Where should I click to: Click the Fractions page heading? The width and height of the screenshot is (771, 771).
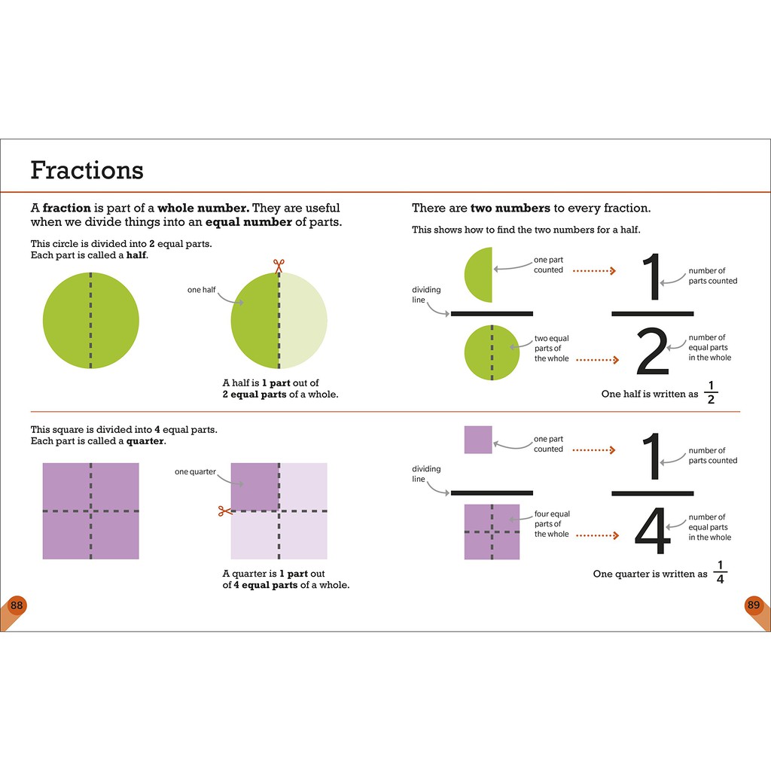click(x=87, y=170)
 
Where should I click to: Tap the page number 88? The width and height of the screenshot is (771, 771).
click(x=17, y=605)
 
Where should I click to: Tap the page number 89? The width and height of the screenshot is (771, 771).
click(x=753, y=605)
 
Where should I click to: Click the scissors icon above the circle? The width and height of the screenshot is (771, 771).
click(x=279, y=265)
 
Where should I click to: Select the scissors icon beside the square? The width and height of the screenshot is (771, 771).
click(x=224, y=511)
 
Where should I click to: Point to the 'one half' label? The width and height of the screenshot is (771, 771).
click(x=201, y=290)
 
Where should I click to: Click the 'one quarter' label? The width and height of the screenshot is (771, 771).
click(x=195, y=472)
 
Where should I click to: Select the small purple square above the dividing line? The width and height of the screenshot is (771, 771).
click(x=478, y=439)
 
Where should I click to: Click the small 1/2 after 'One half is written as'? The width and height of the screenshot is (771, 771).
click(x=712, y=393)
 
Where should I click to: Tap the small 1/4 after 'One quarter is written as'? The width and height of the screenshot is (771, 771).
click(x=720, y=572)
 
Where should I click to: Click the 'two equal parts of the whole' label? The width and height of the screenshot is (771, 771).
click(x=552, y=349)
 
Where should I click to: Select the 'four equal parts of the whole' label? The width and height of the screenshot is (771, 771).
click(x=552, y=524)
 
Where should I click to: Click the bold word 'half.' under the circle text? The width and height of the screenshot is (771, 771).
click(x=136, y=255)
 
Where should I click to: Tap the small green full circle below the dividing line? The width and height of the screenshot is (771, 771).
click(x=492, y=352)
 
